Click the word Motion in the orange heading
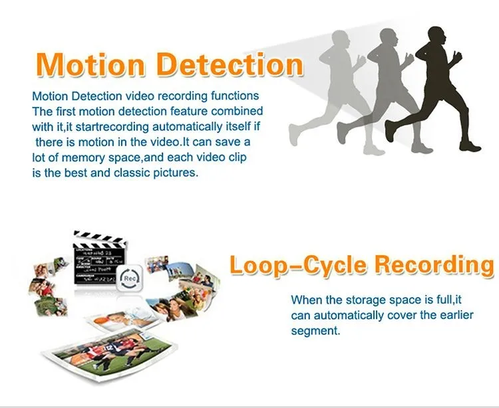point(90,64)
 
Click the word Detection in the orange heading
point(230,64)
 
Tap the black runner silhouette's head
point(436,36)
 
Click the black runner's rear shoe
point(390,130)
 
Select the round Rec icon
point(130,278)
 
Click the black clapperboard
point(99,258)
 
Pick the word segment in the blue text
point(315,331)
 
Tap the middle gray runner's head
point(389,37)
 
